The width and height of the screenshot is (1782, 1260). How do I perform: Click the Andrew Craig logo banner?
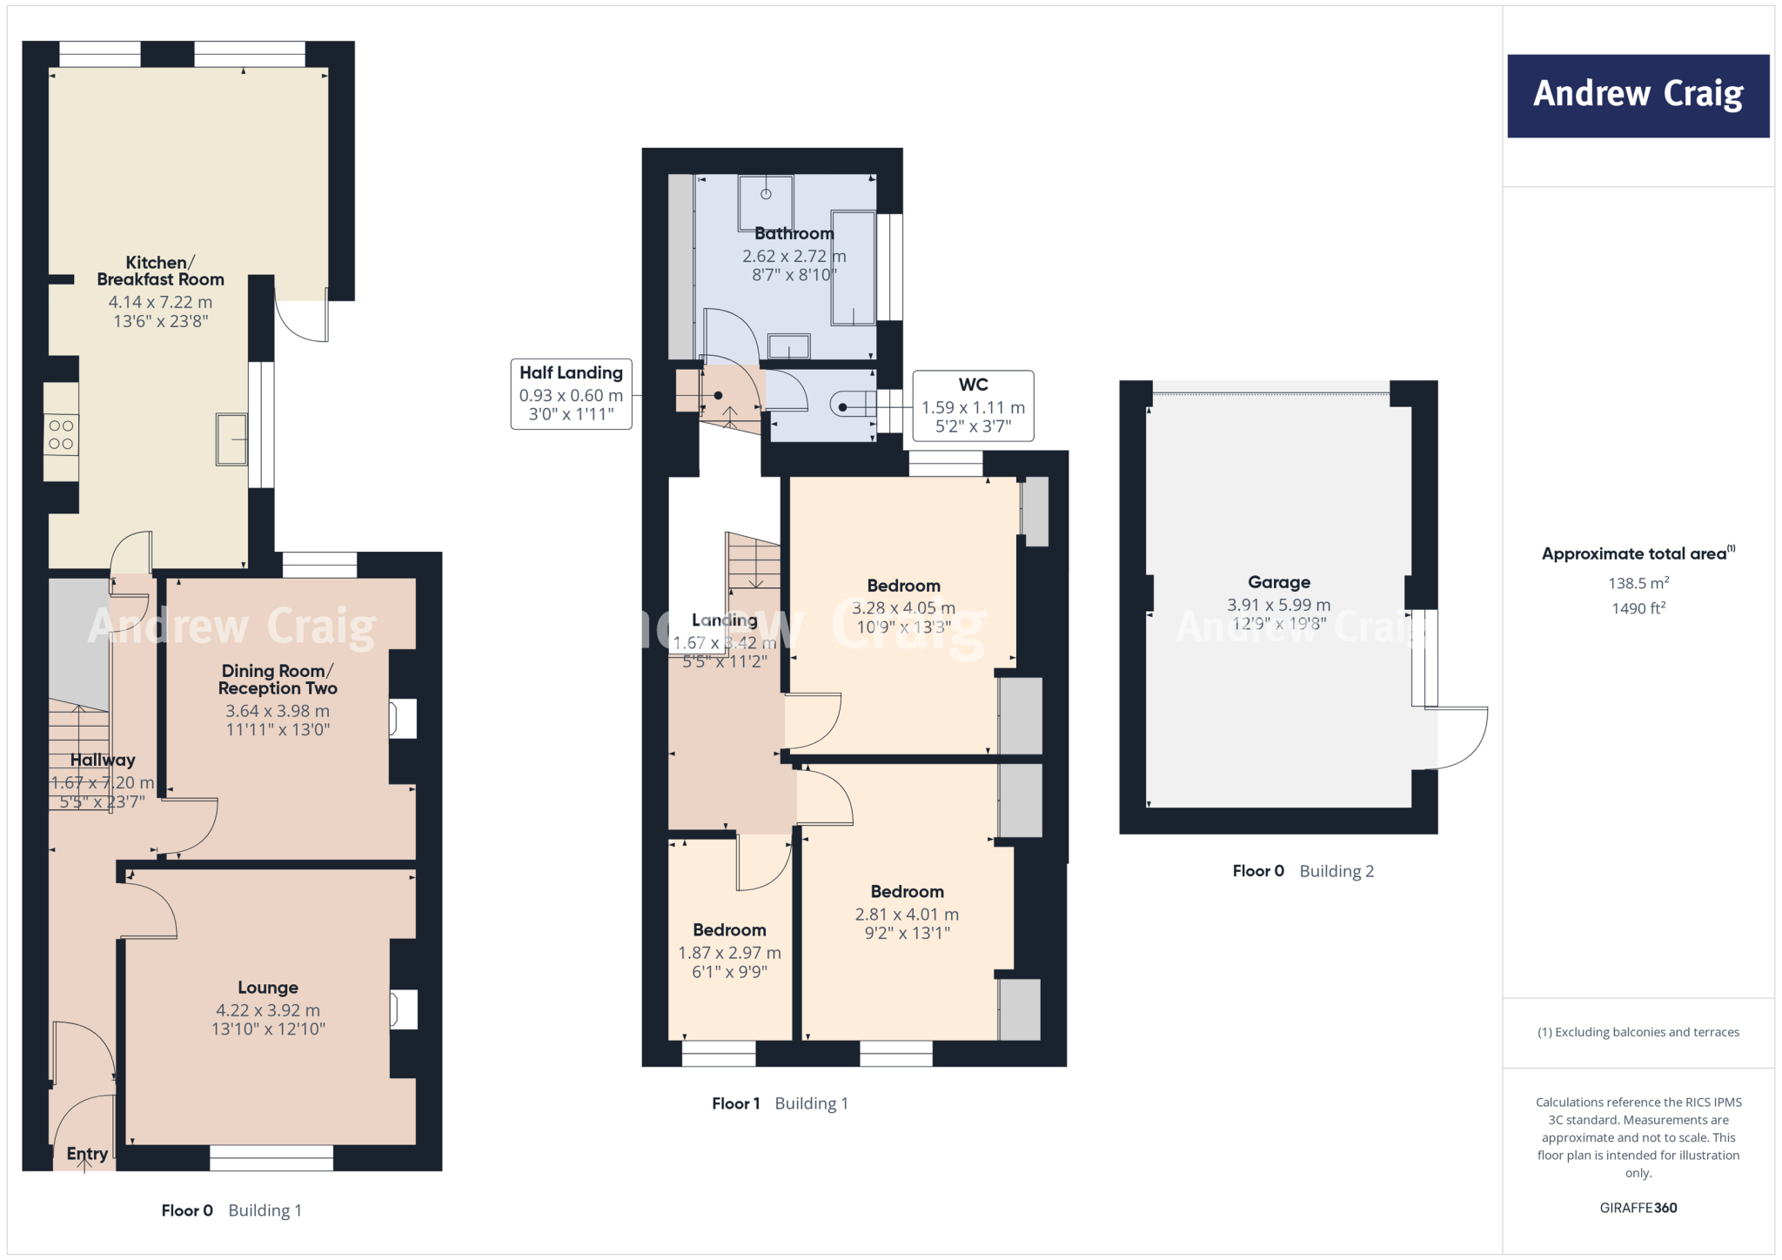pos(1638,96)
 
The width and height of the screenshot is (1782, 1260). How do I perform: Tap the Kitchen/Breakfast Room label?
pos(160,271)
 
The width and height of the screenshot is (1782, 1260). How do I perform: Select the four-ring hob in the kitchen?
pos(61,435)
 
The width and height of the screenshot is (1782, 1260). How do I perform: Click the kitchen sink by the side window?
pos(231,439)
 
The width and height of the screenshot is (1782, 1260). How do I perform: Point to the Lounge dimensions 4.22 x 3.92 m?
pos(268,1010)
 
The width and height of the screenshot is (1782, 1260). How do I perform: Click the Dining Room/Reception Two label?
pos(278,680)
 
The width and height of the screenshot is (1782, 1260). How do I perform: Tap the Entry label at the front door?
pos(87,1154)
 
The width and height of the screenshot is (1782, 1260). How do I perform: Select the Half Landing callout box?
pos(571,394)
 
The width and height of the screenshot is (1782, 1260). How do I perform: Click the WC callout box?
pos(973,405)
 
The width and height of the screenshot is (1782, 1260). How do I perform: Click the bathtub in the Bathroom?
pos(853,268)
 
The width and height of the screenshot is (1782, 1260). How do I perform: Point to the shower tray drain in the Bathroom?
pos(766,194)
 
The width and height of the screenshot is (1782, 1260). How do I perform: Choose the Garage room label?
pos(1278,582)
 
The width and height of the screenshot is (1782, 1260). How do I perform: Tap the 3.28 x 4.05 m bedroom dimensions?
pos(903,608)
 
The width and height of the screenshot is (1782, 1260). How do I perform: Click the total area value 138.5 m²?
pos(1638,583)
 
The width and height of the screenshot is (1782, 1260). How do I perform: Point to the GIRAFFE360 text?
pos(1638,1208)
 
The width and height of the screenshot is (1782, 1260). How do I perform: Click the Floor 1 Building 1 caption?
pos(780,1103)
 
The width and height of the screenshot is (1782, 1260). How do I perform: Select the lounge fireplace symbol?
pos(402,1009)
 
